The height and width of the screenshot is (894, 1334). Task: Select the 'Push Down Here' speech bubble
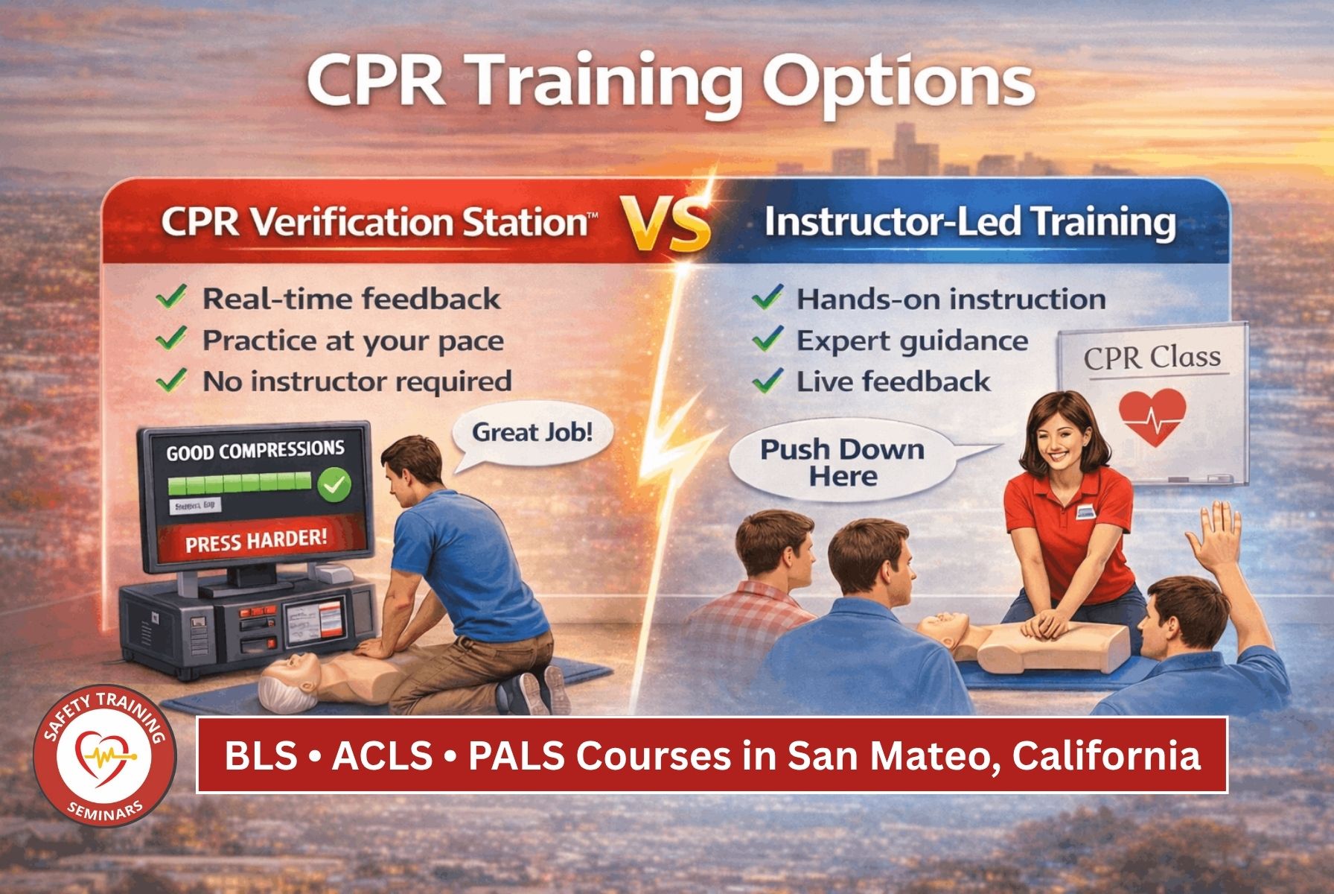pyautogui.click(x=842, y=463)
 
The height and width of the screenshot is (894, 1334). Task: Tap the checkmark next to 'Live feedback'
pyautogui.click(x=767, y=381)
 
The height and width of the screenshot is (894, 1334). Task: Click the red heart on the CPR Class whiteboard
pyautogui.click(x=1152, y=416)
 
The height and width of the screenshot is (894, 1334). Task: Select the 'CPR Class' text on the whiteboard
pyautogui.click(x=1152, y=358)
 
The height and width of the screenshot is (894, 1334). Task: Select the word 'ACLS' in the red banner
pyautogui.click(x=382, y=756)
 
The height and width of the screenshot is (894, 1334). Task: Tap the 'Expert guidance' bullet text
pyautogui.click(x=912, y=341)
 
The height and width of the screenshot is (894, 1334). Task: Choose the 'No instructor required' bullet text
pyautogui.click(x=357, y=381)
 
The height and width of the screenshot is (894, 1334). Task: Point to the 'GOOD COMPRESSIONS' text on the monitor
pyautogui.click(x=255, y=451)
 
